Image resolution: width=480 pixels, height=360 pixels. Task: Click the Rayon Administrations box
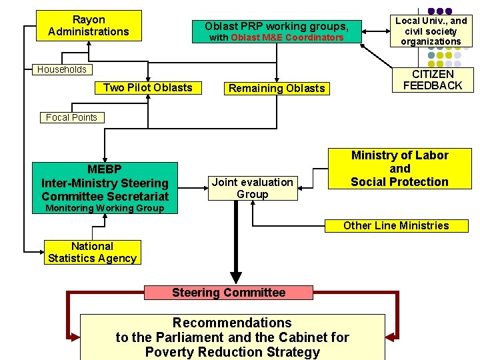point(89,25)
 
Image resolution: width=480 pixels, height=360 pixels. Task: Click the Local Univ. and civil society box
point(431,31)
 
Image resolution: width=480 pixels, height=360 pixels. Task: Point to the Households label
point(62,69)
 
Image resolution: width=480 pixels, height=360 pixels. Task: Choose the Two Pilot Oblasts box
point(147,88)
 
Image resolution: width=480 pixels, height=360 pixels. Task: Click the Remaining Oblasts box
point(277,88)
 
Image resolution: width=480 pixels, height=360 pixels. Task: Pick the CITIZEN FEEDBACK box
point(433,80)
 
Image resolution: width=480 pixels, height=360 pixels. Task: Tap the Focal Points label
point(71,117)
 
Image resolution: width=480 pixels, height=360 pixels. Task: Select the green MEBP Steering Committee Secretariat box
point(105,182)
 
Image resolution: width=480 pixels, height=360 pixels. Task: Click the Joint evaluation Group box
point(252,188)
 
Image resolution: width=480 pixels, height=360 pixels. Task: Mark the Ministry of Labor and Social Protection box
point(399,169)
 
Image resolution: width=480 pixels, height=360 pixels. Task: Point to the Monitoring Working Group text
point(104,209)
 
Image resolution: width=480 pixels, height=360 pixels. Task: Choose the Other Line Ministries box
point(396,225)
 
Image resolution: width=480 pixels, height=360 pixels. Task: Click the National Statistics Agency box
point(92,253)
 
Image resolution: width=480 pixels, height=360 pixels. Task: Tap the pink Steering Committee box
point(228,293)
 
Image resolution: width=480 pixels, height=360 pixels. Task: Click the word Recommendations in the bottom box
point(232,323)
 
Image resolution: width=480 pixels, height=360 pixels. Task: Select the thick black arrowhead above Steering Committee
point(235,276)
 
